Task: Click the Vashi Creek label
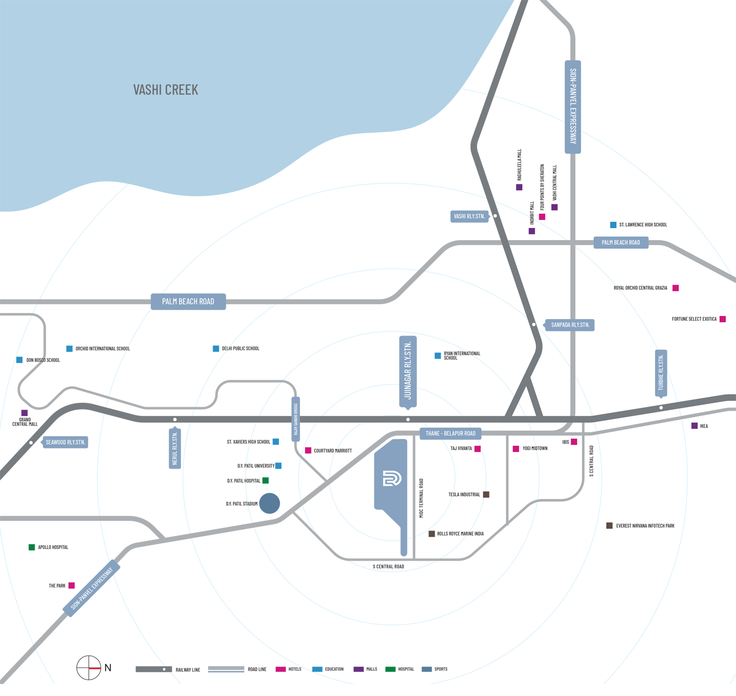tap(166, 90)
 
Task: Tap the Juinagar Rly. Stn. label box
tap(408, 371)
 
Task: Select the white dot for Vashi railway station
tap(495, 216)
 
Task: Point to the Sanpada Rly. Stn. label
tap(570, 325)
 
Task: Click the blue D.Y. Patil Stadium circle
tap(269, 503)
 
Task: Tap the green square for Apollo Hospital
tap(32, 547)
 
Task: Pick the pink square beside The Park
tap(72, 586)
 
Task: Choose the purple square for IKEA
tap(694, 426)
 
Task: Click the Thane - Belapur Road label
tap(450, 433)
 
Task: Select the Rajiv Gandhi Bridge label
tap(296, 419)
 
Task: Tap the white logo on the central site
tap(392, 479)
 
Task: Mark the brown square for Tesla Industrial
tap(486, 494)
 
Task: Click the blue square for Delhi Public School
tap(216, 348)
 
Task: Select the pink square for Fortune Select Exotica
tap(723, 319)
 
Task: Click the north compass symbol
tap(89, 668)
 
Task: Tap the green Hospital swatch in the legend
tap(390, 669)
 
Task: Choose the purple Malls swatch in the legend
tap(358, 669)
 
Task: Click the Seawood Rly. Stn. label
tap(65, 442)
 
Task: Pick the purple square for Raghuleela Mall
tap(519, 187)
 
